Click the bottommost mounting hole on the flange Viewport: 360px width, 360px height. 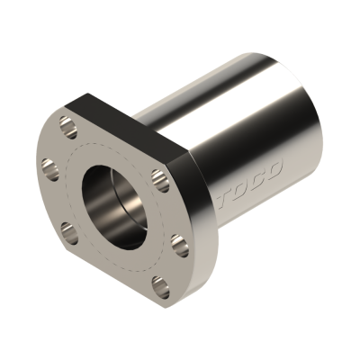(159, 286)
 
